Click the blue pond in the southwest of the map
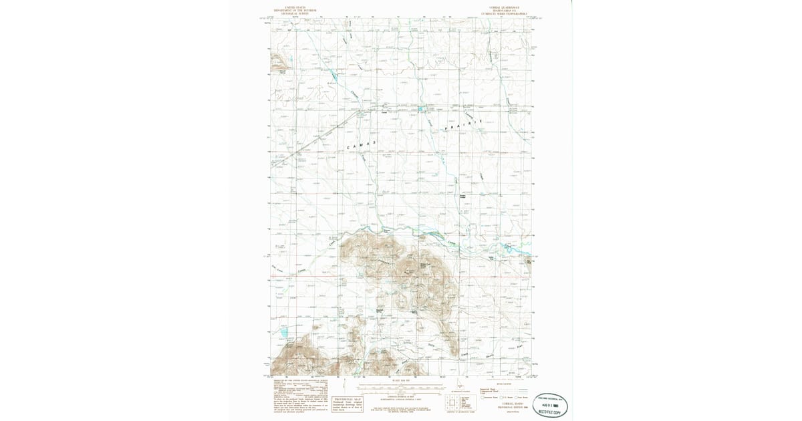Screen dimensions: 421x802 [x=283, y=331]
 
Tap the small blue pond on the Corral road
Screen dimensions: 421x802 [x=422, y=108]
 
